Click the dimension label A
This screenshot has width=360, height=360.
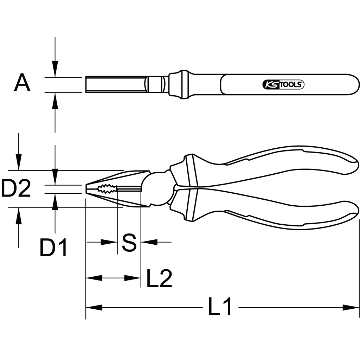coord(22,84)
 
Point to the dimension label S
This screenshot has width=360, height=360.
coord(129,242)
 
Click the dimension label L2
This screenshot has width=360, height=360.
coord(159,278)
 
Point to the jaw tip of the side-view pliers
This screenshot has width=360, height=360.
coord(88,188)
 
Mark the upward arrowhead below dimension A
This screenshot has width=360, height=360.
coord(55,100)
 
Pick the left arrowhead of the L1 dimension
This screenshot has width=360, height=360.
coord(94,308)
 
